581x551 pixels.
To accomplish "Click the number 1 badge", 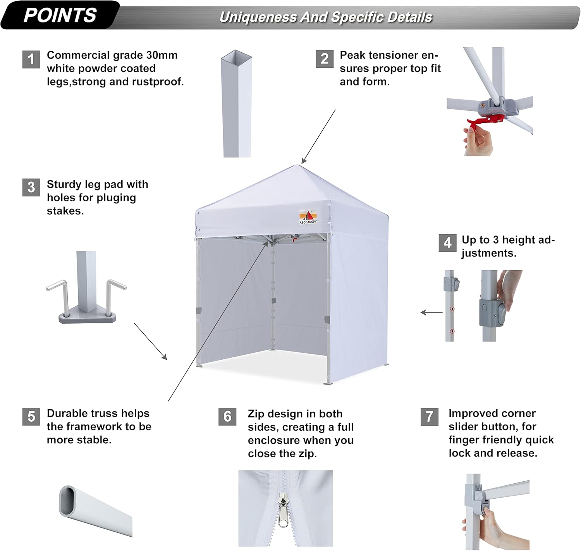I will pos(31,59).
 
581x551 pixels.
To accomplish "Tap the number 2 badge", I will pos(324,59).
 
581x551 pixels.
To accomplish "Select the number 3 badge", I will pos(31,187).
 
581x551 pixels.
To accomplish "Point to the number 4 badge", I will pos(447,243).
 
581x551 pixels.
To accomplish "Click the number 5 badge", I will pos(31,417).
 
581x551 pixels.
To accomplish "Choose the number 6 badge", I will pos(227,417).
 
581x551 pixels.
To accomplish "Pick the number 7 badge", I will pos(429,417).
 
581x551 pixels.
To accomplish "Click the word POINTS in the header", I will pos(60,15).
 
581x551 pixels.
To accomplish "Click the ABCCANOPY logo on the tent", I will pos(308,217).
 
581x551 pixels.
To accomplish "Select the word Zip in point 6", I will pos(256,414).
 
